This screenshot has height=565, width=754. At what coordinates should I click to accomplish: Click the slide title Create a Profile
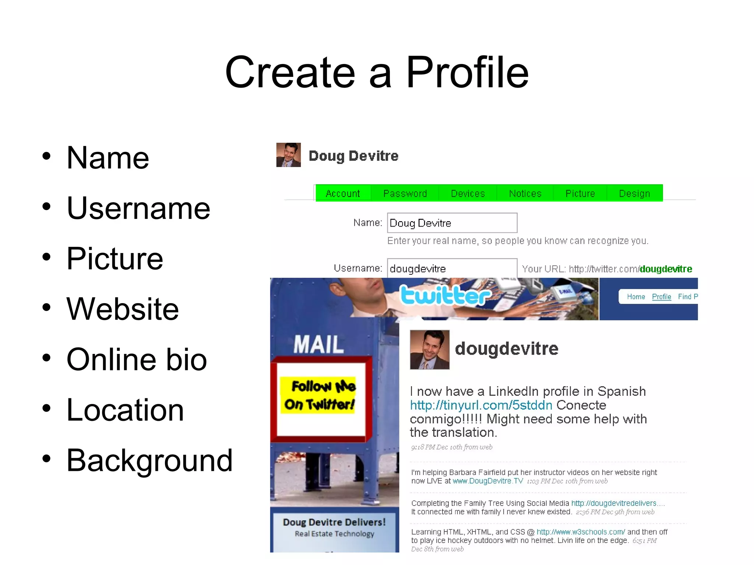377,72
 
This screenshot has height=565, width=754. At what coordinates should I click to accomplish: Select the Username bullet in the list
138,208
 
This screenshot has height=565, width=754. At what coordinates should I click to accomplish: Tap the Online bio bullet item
137,359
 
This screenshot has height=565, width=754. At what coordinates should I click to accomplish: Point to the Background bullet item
149,460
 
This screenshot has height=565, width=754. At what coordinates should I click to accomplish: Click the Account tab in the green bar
343,193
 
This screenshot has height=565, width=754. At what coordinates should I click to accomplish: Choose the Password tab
405,193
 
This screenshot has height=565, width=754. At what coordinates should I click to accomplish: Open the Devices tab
468,193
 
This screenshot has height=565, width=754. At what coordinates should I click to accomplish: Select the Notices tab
525,193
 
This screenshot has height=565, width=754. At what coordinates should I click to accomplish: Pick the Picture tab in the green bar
580,193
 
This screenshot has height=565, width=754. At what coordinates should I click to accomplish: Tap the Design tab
634,193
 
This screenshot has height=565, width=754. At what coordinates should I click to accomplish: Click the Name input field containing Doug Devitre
452,223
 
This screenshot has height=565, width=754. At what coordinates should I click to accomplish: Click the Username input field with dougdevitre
452,269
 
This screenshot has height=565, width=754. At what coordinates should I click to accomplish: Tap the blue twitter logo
445,295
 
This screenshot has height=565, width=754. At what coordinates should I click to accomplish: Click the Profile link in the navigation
661,297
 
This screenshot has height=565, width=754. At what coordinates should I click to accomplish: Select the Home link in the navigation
636,297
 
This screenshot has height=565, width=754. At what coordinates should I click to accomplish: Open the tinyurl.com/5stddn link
481,405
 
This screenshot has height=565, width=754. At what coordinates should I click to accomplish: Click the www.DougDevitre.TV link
487,481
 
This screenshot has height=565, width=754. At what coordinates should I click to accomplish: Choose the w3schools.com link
581,532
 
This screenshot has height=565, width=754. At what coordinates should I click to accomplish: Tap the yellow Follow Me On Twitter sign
319,395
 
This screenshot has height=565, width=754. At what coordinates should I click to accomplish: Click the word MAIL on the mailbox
319,345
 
